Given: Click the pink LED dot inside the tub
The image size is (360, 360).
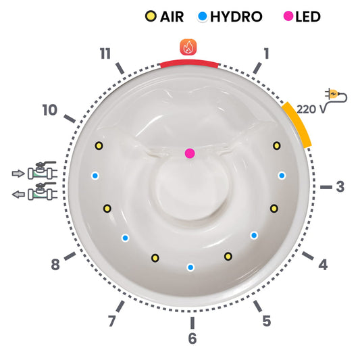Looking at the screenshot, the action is click(x=190, y=153).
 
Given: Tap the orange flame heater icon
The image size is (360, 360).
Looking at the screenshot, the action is click(x=188, y=47).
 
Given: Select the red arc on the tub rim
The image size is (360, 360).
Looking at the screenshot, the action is click(x=189, y=63).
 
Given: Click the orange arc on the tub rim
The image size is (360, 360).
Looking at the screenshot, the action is click(x=298, y=124).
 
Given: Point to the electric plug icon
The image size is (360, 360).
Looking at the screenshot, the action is click(x=336, y=95).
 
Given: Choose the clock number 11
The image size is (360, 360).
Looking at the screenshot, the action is click(x=105, y=53).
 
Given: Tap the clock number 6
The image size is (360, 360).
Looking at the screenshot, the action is click(x=192, y=338).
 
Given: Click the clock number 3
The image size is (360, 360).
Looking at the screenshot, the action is click(x=340, y=186).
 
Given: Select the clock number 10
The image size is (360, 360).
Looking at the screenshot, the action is click(x=50, y=110).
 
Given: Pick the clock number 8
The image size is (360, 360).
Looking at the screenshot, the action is click(x=55, y=265).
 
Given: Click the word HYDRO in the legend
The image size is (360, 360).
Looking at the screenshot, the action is click(x=236, y=17).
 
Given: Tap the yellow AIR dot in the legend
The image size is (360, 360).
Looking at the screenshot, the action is click(x=151, y=16).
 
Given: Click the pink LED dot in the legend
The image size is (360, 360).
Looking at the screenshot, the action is click(x=288, y=16).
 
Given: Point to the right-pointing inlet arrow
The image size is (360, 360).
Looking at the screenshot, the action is click(x=18, y=174).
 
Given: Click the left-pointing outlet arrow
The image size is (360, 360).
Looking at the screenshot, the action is click(x=18, y=195).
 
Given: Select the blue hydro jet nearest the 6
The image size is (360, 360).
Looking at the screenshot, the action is click(x=190, y=267).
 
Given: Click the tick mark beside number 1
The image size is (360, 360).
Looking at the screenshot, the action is click(x=257, y=68).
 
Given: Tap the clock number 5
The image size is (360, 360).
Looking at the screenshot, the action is click(x=267, y=321).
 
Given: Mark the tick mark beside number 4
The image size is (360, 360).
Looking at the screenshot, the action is click(x=307, y=256).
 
